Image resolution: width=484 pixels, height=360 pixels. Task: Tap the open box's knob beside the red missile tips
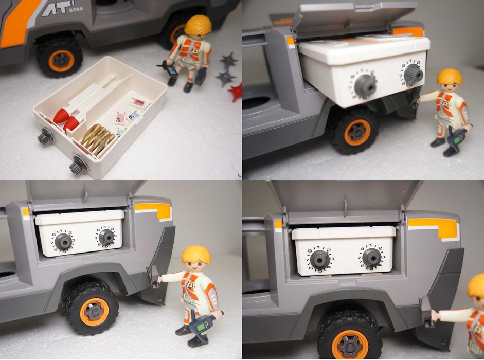[45, 136]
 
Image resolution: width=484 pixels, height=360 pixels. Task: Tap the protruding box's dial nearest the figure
[411, 75]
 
